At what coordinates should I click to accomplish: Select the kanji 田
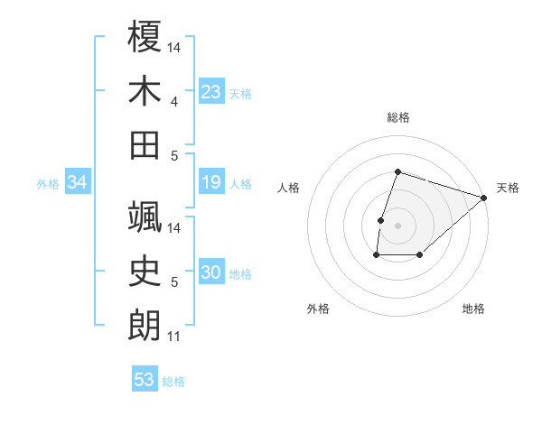(145, 144)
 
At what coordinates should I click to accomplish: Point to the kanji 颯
(145, 217)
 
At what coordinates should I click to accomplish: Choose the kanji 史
(145, 271)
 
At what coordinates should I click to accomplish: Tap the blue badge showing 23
(211, 92)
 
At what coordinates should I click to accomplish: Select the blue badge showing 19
(211, 183)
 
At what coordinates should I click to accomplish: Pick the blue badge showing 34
(78, 183)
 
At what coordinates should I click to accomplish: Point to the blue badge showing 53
(145, 380)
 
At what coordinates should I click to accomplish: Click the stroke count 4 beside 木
(174, 101)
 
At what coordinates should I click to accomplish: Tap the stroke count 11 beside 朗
(174, 336)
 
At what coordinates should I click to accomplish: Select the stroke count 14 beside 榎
(174, 47)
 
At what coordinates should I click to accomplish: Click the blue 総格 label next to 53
(173, 382)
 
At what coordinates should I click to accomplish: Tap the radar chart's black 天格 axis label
(508, 188)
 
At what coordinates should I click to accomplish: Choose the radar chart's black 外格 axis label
(318, 309)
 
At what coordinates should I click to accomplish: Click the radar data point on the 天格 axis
(484, 198)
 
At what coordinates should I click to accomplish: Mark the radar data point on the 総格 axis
(397, 171)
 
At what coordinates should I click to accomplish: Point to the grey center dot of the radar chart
(397, 226)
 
